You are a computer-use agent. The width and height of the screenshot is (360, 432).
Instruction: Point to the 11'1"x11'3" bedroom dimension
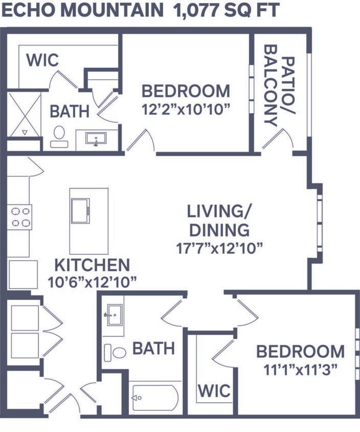tap(300, 370)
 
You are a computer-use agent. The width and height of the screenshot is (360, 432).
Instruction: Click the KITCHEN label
tap(92, 265)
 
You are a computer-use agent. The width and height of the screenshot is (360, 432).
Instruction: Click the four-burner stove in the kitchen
tap(19, 216)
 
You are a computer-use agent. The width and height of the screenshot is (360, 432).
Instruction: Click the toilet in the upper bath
tap(59, 135)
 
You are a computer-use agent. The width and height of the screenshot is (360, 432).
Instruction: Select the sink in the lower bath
tap(114, 311)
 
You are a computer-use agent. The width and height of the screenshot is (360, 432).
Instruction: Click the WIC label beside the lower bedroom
tap(214, 391)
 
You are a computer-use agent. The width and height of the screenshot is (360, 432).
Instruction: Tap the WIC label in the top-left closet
tap(42, 60)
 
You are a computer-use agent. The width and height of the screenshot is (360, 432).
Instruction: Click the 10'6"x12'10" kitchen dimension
tap(96, 282)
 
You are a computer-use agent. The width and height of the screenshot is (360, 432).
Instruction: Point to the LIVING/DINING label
tap(218, 220)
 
